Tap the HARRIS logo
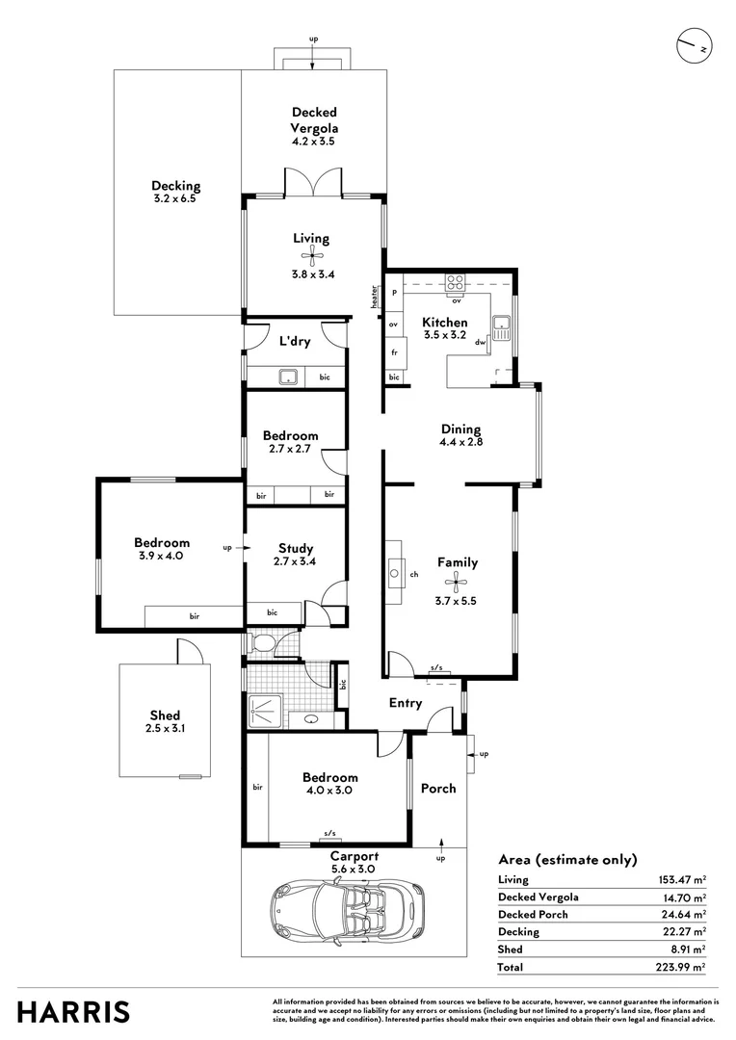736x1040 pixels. pos(73,1012)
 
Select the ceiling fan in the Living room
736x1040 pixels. pos(311,255)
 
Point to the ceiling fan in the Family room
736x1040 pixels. pos(457,581)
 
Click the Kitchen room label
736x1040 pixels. pos(445,323)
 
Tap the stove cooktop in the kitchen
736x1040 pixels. pos(456,283)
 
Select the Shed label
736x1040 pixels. pos(165,715)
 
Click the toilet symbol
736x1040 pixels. pos(261,642)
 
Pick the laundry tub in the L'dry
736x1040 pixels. pos(288,377)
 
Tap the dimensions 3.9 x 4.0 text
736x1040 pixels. pos(161,556)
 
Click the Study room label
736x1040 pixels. pos(294,548)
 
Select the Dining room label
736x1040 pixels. pos(460,429)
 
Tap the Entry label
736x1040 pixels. pos(405,703)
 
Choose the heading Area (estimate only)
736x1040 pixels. pos(567,860)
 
